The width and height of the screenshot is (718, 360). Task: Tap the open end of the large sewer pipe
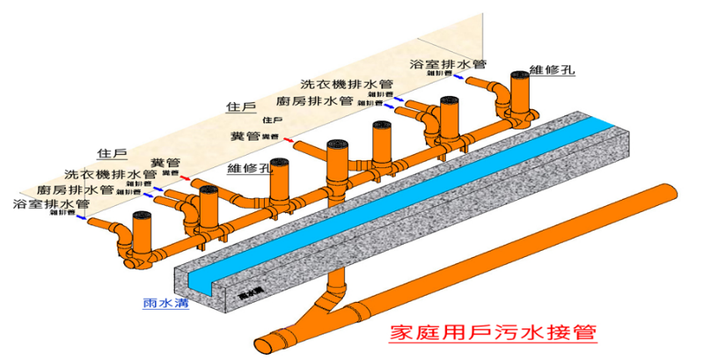(264, 339)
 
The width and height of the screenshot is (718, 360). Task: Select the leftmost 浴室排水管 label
(51, 203)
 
